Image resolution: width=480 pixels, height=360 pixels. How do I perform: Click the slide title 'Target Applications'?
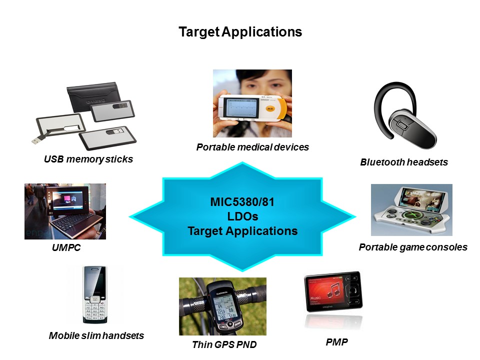coord(240,32)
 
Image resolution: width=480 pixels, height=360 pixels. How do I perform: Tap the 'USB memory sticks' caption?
coord(88,159)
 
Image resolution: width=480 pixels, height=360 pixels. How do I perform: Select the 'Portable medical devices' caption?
coord(252,147)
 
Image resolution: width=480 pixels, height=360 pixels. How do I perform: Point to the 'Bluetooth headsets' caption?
coord(404,162)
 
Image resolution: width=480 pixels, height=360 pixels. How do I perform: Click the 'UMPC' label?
coord(66,247)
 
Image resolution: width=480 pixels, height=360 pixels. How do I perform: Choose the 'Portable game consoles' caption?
coord(413,247)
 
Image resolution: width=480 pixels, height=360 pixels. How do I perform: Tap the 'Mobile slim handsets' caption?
coord(96,335)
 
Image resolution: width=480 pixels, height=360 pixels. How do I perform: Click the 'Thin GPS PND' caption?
coord(224,344)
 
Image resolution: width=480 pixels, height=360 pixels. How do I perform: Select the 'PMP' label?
coord(336,342)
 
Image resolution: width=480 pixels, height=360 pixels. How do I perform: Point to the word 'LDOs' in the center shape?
coord(242,217)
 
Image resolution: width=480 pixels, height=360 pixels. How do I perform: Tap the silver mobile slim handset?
coord(95,295)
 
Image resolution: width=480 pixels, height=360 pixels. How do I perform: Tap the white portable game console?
coord(411,210)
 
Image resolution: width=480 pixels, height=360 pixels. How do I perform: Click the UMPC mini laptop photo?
coord(65,211)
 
